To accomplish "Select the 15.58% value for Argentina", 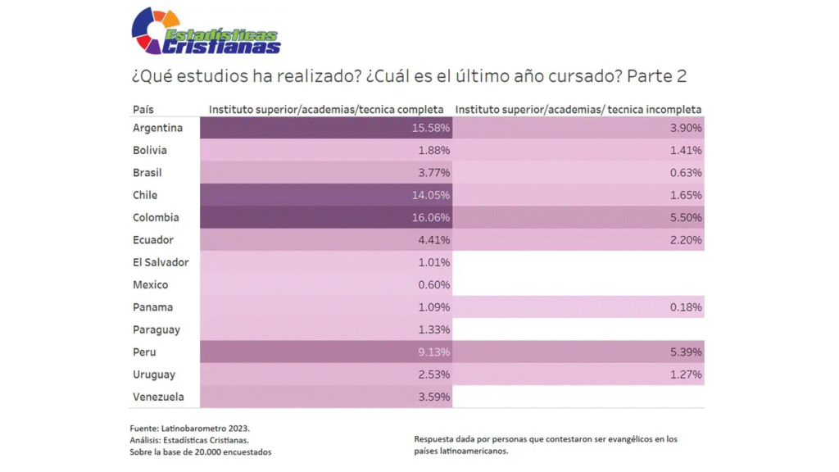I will pos(430,128).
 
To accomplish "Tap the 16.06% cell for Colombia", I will pos(430,218).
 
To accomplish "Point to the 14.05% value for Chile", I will pos(430,195).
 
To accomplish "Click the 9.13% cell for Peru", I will pos(433,352).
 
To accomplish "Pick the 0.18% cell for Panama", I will pos(686,307).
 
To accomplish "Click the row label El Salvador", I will pos(161,262).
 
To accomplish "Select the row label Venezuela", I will pos(158,397).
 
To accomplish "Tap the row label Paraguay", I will pos(156,329).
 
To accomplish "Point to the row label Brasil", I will pos(147,173).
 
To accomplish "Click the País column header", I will pos(143,109).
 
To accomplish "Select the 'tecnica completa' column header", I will pos(326,109).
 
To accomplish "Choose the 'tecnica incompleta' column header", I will pos(578,109).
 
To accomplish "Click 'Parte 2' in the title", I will pos(656,76).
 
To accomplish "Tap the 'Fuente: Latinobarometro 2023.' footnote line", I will pos(189,428).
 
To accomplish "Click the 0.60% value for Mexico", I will pos(433,285).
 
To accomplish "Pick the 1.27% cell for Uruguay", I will pos(686,374).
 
